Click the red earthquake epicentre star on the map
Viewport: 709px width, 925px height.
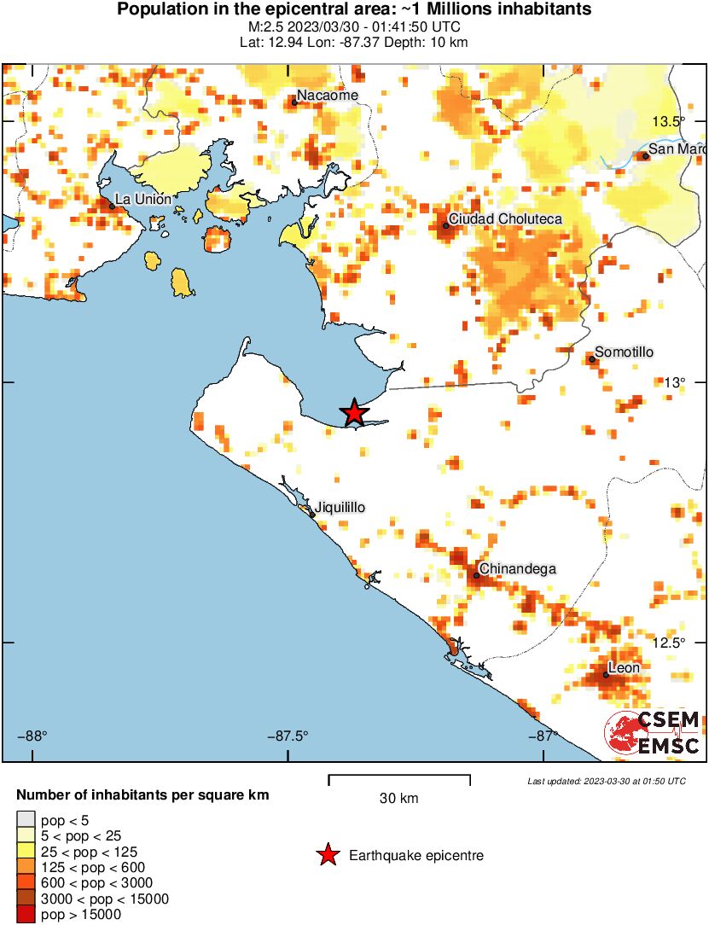(x=354, y=413)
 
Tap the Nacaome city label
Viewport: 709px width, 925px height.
(x=328, y=96)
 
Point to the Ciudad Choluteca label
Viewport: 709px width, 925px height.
(x=505, y=219)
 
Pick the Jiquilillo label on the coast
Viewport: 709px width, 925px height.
(x=340, y=507)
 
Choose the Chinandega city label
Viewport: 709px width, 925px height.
(x=518, y=568)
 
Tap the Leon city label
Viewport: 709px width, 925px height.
(x=623, y=667)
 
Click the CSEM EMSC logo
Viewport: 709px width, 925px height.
(x=653, y=733)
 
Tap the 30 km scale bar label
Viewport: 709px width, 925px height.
(x=398, y=799)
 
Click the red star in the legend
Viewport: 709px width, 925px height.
(x=327, y=855)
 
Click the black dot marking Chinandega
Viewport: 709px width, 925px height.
(x=476, y=575)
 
